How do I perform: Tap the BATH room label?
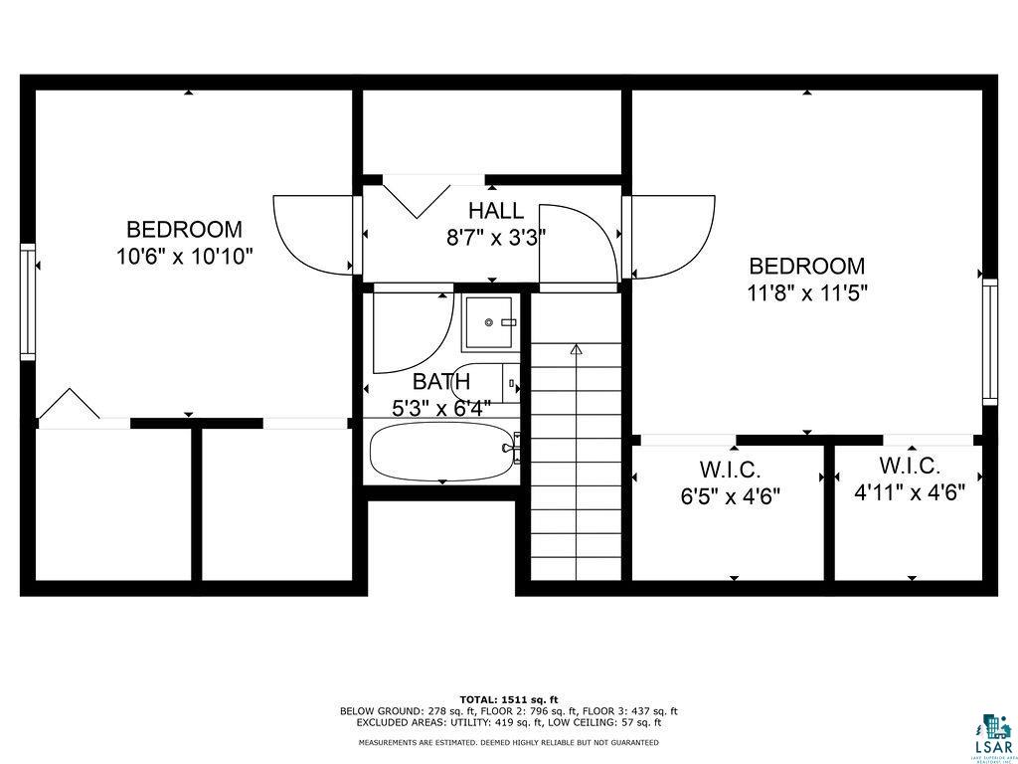tap(441, 381)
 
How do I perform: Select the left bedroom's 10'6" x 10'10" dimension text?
tap(185, 256)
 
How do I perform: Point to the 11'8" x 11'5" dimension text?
tap(807, 292)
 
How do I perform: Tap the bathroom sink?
tap(491, 322)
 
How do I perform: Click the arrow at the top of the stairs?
tap(576, 349)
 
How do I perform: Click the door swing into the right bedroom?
tap(673, 236)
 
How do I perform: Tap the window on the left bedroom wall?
tap(28, 301)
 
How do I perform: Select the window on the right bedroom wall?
tap(990, 341)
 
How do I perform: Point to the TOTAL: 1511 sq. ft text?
tap(508, 699)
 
